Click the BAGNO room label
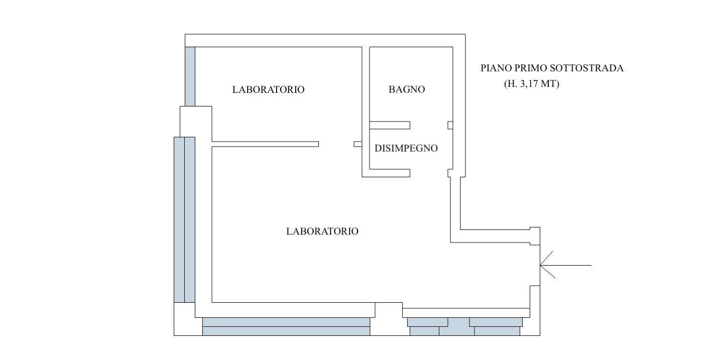pos(407,89)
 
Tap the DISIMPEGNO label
pos(406,148)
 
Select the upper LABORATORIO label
pos(268,89)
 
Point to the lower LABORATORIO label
pos(322,231)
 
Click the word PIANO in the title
pos(495,68)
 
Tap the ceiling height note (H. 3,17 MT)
pos(531,84)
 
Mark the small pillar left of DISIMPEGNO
pos(358,144)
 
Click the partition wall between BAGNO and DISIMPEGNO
pos(390,125)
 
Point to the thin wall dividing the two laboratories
pos(265,144)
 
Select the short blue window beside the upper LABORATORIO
pos(190,76)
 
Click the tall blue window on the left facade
pos(184,219)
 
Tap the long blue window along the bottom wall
pos(286,326)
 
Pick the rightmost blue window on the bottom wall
pos(496,326)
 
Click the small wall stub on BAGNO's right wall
pos(450,125)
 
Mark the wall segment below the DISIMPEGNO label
pos(390,173)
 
